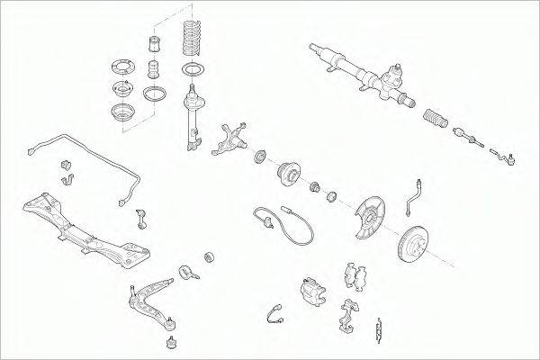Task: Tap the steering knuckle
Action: point(229,139)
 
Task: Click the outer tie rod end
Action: point(505,159)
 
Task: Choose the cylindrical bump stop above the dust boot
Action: point(152,45)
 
